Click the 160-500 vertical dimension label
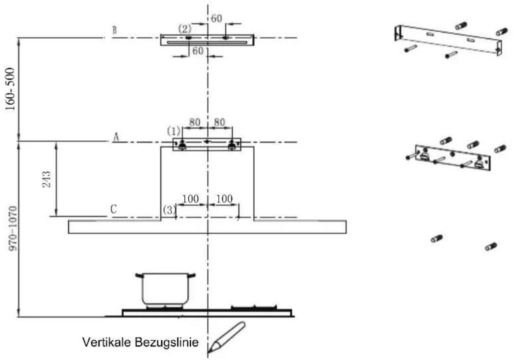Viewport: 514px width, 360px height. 11,89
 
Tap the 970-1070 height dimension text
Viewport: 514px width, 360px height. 12,228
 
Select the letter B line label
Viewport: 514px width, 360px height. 114,30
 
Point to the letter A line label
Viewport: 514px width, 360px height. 116,137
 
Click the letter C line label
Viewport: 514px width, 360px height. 114,209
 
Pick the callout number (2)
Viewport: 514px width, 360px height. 185,29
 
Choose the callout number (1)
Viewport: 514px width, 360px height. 174,131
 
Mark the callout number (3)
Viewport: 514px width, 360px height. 169,209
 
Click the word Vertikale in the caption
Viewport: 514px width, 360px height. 107,342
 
